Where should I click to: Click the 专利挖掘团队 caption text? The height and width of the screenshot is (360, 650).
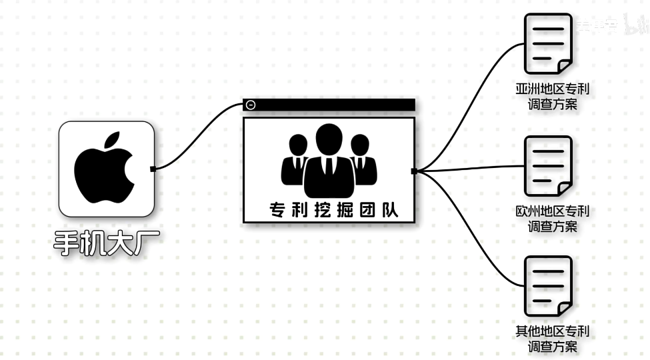(x=333, y=211)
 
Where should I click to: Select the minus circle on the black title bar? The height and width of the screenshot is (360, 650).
(x=251, y=105)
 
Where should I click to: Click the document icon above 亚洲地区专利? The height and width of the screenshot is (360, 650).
(x=548, y=44)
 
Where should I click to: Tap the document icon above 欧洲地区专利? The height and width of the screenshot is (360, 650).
(x=548, y=167)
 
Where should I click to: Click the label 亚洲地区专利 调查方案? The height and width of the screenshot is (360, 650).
(x=552, y=97)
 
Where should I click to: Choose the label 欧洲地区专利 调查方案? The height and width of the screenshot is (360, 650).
(x=552, y=219)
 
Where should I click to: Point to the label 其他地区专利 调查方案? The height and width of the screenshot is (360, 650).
(x=552, y=339)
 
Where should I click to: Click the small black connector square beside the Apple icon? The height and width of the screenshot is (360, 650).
(x=153, y=168)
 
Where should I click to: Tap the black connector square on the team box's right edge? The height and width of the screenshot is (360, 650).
(x=414, y=171)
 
